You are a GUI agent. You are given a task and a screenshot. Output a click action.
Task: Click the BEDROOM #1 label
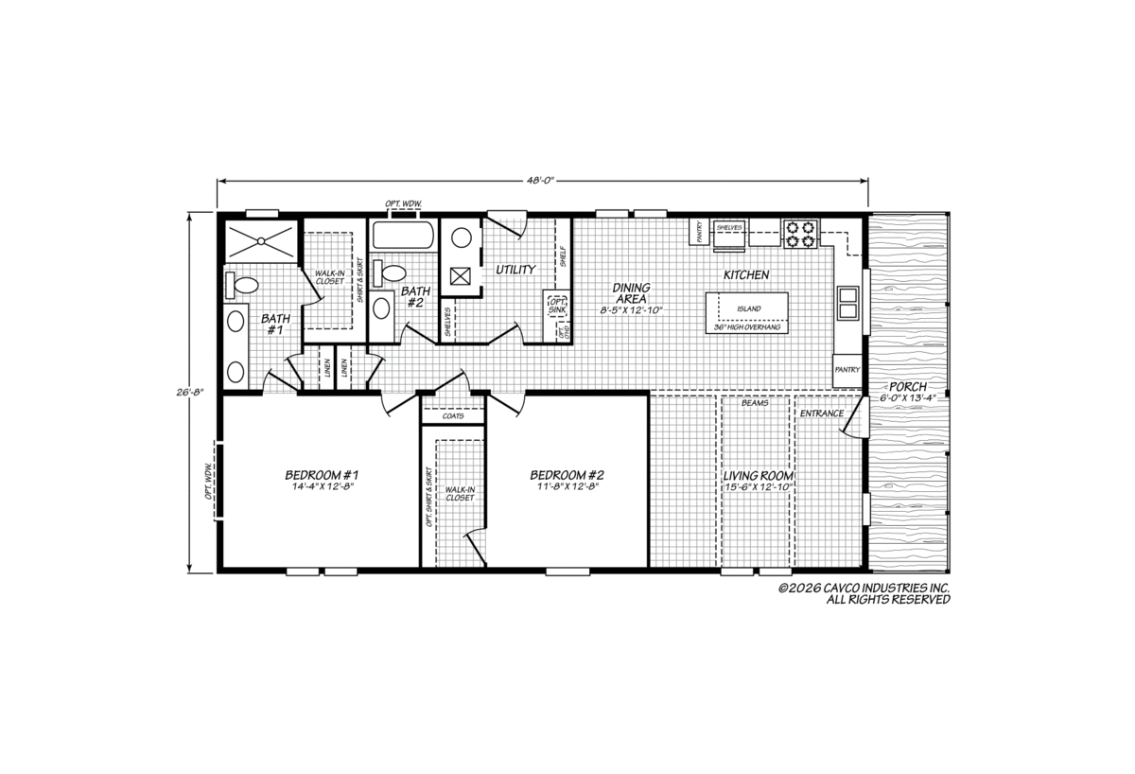pos(322,475)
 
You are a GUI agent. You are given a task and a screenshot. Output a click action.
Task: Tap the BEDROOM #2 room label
pos(567,475)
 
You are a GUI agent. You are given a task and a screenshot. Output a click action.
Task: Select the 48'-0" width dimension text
pos(542,181)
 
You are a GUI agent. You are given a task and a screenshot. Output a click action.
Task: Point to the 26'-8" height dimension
pos(190,392)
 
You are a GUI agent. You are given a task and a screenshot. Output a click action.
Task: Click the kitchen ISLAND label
pos(749,308)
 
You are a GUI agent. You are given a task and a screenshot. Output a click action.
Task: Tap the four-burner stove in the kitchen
pos(800,234)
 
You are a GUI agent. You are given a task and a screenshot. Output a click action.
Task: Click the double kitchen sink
pos(847,303)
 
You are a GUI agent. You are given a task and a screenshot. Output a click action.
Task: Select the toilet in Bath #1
pos(242,286)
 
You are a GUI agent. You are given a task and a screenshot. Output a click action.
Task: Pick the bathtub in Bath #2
pos(403,235)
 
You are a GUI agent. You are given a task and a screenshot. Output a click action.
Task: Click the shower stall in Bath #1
pos(261,241)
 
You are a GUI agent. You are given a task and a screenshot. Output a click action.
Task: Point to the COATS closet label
pos(453,416)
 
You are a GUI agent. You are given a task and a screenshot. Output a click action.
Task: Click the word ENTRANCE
pos(822,413)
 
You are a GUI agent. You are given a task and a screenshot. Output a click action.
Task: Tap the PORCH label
pos(908,387)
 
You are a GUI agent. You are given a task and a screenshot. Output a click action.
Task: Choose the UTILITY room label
pos(515,270)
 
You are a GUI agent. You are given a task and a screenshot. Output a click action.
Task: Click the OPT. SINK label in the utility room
pos(557,306)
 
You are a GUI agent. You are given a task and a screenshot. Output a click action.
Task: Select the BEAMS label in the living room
pos(755,403)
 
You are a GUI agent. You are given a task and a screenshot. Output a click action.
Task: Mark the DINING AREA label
pos(632,293)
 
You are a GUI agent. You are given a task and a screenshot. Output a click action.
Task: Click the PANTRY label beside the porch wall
pos(847,370)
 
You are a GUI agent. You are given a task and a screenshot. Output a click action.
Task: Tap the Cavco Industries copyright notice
pos(864,593)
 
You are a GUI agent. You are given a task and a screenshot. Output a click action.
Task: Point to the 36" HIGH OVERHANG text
pos(747,327)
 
